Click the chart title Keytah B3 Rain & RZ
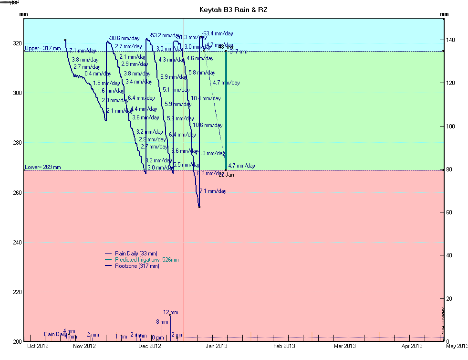click(234, 10)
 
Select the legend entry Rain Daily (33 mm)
click(136, 254)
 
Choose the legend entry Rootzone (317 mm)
click(137, 266)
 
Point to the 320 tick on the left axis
click(17, 43)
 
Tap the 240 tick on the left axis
click(17, 243)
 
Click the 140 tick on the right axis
click(450, 40)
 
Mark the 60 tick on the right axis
click(449, 212)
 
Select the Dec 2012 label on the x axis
click(150, 346)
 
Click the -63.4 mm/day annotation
click(218, 33)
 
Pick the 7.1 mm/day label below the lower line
click(213, 191)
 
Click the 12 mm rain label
click(170, 312)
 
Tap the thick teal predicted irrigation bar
click(226, 110)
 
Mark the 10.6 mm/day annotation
click(208, 125)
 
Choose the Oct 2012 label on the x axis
click(38, 346)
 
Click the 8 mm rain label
click(162, 322)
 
